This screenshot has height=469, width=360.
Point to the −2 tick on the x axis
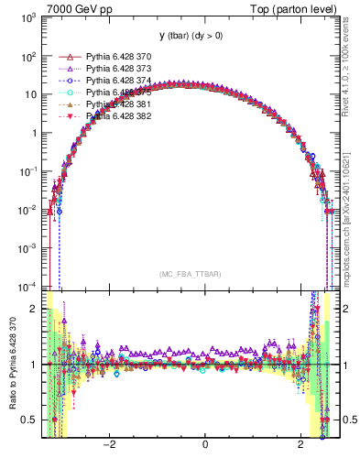(109, 444)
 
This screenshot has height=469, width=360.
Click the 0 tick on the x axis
(205, 444)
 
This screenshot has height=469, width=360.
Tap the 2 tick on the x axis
(300, 444)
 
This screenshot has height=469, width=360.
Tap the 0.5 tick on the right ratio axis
(344, 420)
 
